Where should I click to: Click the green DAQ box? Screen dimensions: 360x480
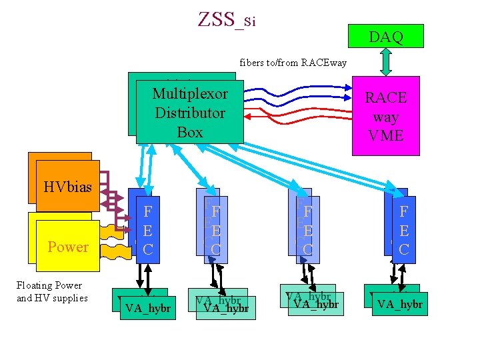click(386, 37)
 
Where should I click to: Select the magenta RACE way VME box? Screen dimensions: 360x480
click(385, 117)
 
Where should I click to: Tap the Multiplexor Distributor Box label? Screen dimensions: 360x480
click(190, 113)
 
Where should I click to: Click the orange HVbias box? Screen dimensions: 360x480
click(67, 186)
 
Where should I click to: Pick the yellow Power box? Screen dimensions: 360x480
click(67, 246)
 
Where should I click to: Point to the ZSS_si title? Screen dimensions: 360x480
click(227, 20)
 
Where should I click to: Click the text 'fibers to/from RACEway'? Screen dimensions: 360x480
click(293, 63)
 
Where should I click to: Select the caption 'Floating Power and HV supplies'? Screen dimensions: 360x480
click(52, 291)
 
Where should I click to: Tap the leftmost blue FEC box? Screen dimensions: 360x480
click(148, 230)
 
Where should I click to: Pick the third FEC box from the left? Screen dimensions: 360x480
click(307, 230)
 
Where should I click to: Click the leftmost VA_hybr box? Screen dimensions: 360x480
click(148, 308)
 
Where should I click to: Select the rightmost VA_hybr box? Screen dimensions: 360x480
click(399, 305)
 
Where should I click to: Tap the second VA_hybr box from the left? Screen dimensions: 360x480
click(226, 307)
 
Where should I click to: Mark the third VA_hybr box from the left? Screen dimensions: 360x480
click(316, 304)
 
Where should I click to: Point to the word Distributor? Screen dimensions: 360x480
click(190, 113)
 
